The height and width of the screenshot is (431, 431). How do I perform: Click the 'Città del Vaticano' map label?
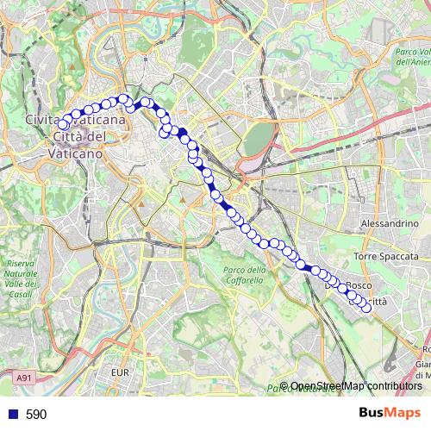click(78, 145)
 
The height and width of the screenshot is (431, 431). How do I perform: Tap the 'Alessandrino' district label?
click(389, 223)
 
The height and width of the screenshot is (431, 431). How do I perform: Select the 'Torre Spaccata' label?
click(386, 257)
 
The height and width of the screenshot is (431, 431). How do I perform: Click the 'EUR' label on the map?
click(120, 372)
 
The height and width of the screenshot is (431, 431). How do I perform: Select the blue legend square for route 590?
click(11, 415)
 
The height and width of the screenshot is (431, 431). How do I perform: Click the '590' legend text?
click(36, 415)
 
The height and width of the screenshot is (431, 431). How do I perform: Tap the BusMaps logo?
click(390, 414)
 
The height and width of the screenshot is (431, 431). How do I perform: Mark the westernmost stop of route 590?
click(63, 126)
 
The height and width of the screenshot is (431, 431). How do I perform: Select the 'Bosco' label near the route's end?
click(359, 285)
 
